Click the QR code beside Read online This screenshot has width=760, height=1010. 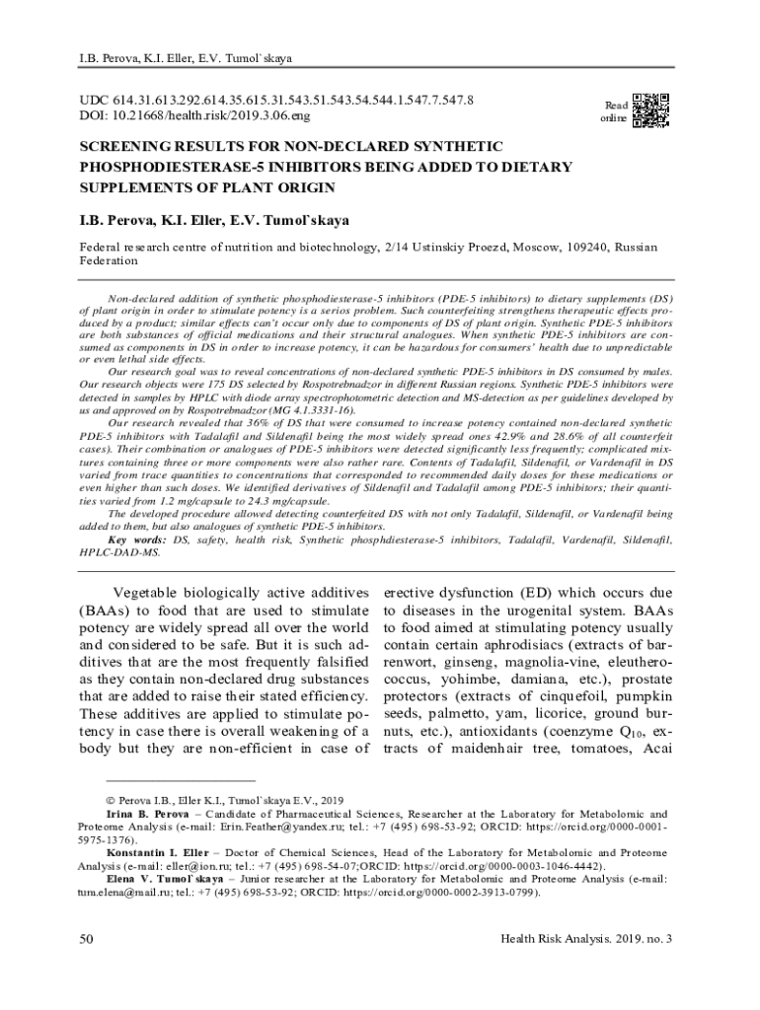click(x=650, y=110)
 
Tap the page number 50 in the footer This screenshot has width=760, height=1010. click(x=87, y=938)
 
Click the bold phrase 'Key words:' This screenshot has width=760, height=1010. click(x=137, y=541)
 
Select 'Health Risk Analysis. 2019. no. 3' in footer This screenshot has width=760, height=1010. click(x=586, y=938)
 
